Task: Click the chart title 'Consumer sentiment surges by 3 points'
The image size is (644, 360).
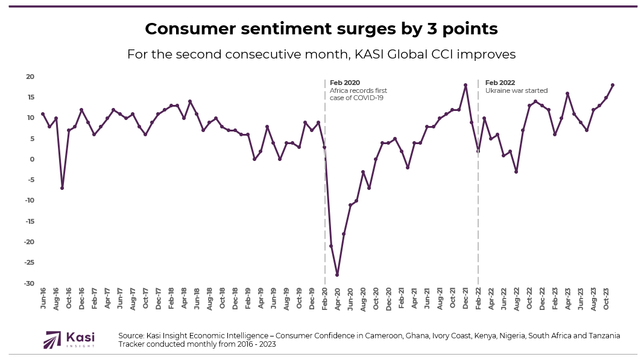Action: click(x=321, y=28)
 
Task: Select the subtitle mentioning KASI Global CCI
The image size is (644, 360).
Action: click(x=321, y=54)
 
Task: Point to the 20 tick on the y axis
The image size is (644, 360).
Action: click(x=30, y=77)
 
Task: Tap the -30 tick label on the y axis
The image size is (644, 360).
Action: click(x=29, y=283)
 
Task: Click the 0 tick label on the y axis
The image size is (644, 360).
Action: click(x=32, y=159)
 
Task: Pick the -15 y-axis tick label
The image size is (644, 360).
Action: click(x=29, y=221)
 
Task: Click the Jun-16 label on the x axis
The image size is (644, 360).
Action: click(x=43, y=299)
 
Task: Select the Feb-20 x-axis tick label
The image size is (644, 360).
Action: click(x=326, y=299)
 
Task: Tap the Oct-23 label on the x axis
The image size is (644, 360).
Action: click(x=607, y=299)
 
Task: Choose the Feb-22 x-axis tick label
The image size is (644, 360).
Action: click(x=479, y=299)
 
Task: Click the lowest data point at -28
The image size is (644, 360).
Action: click(x=338, y=275)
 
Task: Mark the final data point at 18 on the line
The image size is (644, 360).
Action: click(x=613, y=85)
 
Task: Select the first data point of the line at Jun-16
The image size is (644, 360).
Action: click(x=43, y=114)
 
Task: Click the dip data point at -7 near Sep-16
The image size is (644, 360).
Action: click(x=62, y=188)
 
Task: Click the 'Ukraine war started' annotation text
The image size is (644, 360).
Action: click(x=516, y=90)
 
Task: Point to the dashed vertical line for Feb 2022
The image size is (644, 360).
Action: click(x=478, y=211)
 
